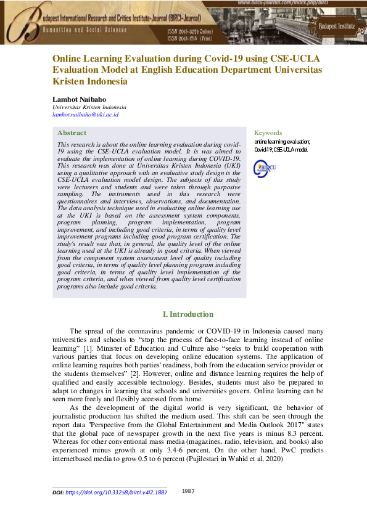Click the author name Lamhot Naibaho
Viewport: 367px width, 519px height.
78,99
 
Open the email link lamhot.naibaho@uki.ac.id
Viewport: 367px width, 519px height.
85,114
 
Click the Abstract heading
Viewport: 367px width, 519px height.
72,133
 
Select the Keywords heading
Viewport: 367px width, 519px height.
268,133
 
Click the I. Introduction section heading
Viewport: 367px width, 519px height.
188,314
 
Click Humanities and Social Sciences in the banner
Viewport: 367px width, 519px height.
92,30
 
